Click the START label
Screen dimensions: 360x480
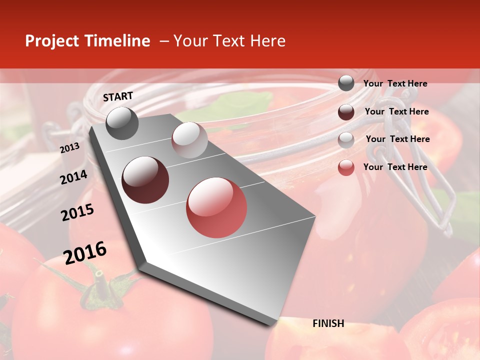[118, 96]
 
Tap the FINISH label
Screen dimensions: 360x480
[328, 323]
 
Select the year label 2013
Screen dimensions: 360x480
[69, 148]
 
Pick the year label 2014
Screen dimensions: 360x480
[74, 177]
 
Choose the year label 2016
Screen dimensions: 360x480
[85, 253]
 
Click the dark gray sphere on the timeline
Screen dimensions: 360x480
[122, 123]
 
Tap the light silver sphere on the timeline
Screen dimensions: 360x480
[189, 140]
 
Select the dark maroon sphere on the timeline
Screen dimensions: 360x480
[145, 180]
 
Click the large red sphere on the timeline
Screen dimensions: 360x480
[216, 207]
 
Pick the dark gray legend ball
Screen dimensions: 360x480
[346, 83]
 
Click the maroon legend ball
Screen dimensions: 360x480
[346, 112]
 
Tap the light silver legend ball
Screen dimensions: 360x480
[346, 139]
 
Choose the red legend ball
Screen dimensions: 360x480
[346, 167]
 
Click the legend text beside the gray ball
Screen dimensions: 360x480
[395, 83]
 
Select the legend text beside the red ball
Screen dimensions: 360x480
[395, 167]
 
